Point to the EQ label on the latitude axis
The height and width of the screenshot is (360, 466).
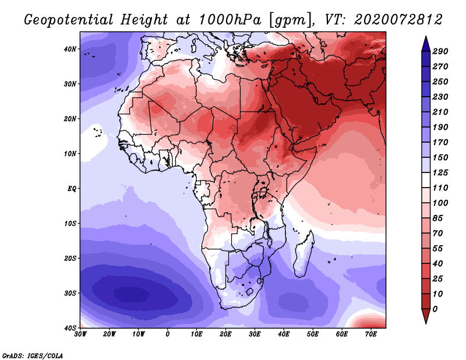[71, 189]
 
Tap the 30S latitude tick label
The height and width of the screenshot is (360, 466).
[70, 293]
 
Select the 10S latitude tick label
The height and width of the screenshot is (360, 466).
[70, 224]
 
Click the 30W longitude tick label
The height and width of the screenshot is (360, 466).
[80, 334]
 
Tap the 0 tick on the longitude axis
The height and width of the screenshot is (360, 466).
[168, 334]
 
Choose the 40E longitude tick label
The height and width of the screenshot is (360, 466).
[284, 334]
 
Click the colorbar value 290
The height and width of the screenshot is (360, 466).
[440, 52]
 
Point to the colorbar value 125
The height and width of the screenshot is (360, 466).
[440, 173]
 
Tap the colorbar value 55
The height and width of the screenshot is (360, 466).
[438, 247]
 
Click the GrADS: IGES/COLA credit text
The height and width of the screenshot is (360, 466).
[33, 355]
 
